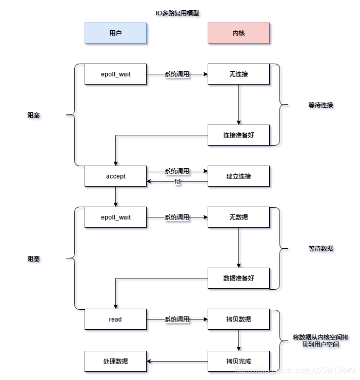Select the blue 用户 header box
tap(115, 33)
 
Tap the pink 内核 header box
tap(238, 33)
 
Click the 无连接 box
tap(238, 74)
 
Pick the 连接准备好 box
tap(238, 135)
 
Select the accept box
tap(115, 176)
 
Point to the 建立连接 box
tap(238, 176)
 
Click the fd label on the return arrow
tap(177, 182)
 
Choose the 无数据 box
tap(238, 217)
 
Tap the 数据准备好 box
tap(238, 278)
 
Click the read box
tap(115, 319)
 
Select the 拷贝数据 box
tap(238, 319)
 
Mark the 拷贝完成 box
tap(238, 361)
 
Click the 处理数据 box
tap(115, 361)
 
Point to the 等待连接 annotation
tap(321, 105)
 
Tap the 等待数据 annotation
tap(321, 249)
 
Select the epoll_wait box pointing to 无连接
tap(115, 74)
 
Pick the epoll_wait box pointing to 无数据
tap(115, 217)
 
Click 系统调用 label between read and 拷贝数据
tap(177, 319)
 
